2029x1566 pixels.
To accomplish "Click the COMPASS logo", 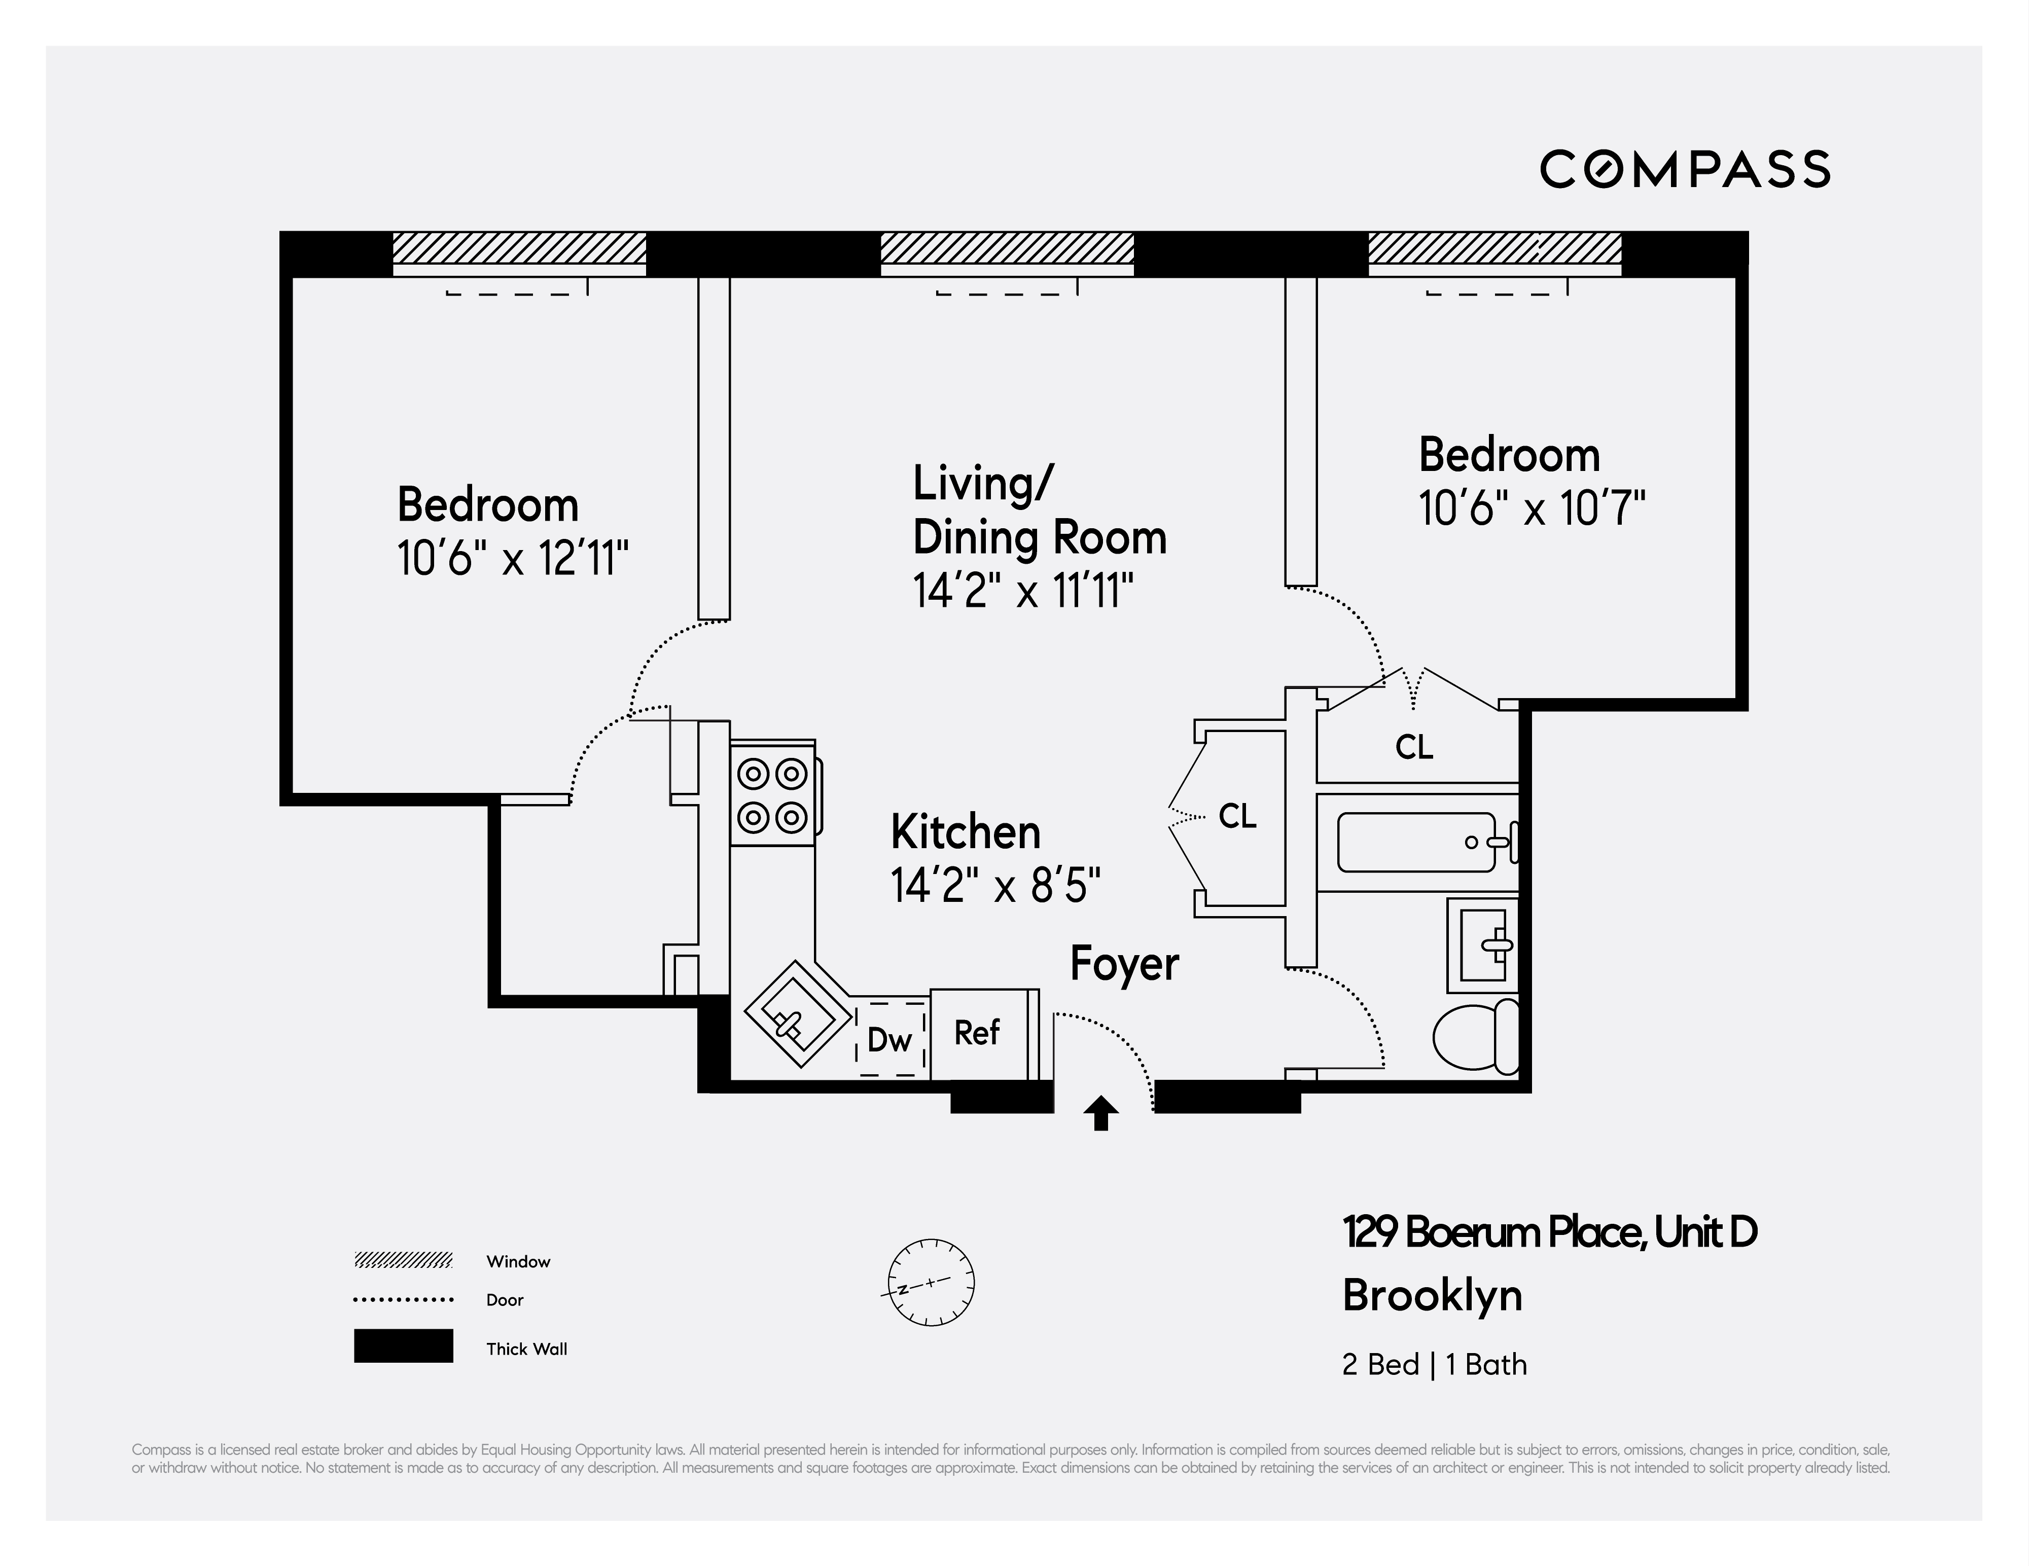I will coord(1684,169).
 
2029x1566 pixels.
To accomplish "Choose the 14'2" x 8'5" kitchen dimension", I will coord(995,885).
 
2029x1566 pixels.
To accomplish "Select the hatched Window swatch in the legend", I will coord(403,1260).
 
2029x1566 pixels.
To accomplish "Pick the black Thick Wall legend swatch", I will coord(403,1346).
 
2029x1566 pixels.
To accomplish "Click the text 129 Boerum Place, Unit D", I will coord(1549,1232).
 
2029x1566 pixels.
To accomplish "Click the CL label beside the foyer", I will coord(1236,816).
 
